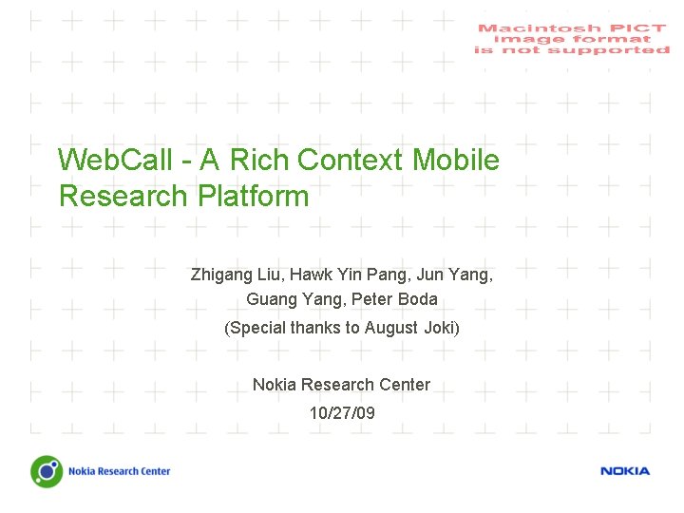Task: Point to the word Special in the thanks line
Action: [x=256, y=329]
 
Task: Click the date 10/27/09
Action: [x=342, y=413]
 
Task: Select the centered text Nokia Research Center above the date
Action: [x=341, y=385]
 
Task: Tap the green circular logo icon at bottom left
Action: [x=46, y=470]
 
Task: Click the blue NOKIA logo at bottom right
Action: [x=625, y=471]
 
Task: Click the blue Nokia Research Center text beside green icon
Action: [x=119, y=471]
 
